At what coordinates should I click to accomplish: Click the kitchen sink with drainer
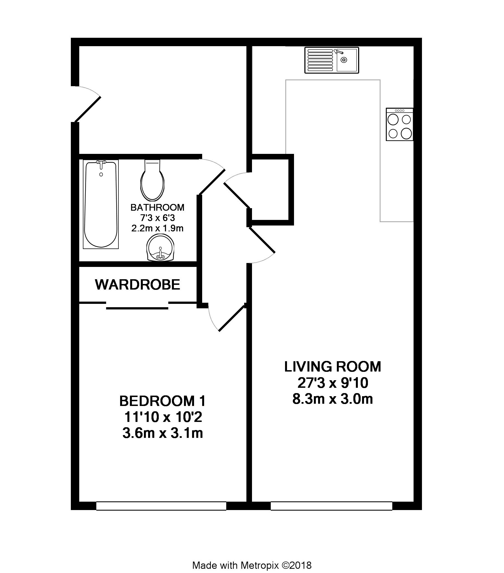coord(332,60)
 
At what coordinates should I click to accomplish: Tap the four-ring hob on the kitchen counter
coord(400,125)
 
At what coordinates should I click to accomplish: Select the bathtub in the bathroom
coord(101,204)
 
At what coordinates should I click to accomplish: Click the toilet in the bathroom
coord(152,180)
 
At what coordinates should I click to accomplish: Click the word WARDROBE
coord(137,285)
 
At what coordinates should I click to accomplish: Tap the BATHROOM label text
coord(157,207)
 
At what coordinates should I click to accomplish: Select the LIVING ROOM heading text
coord(333,367)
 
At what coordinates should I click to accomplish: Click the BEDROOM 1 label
coord(163,401)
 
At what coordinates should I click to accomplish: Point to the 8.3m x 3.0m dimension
coord(333,399)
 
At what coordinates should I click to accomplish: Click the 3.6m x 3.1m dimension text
coord(163,433)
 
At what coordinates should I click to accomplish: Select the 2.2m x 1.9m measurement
coord(157,228)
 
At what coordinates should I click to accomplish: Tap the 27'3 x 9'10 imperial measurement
coord(333,383)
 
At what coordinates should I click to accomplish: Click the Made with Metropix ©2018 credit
coord(252,557)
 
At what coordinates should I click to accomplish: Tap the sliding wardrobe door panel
coord(137,308)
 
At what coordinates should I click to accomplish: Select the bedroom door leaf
coord(232,318)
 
